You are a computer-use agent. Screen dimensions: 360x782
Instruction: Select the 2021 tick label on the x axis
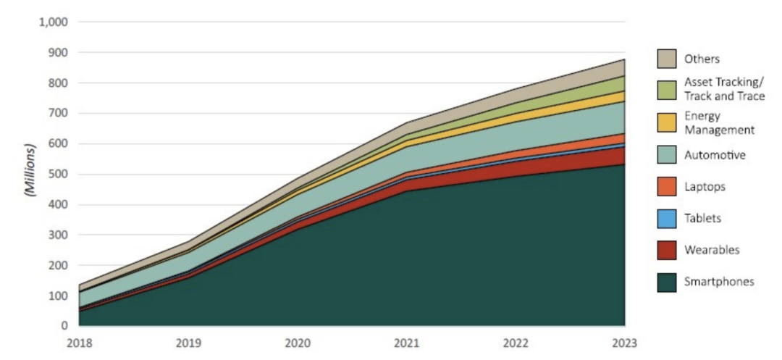coord(406,342)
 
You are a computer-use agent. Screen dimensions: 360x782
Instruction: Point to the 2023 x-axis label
coord(624,342)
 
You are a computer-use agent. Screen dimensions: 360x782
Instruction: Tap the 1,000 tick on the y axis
coord(52,22)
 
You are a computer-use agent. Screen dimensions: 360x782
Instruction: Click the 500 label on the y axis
coord(58,174)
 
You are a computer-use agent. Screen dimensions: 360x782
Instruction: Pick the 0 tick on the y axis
coord(64,326)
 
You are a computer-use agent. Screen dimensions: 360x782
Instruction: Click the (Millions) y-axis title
coord(30,174)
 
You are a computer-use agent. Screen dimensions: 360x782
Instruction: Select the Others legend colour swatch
coord(666,59)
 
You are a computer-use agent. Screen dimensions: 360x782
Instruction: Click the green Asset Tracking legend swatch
coord(666,89)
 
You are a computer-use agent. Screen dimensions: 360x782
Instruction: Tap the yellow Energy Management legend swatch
coord(666,122)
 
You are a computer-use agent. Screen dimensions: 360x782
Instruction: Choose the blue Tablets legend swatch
coord(666,218)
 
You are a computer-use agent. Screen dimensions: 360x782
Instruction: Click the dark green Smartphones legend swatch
coord(666,282)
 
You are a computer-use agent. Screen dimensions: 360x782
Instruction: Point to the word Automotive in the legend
coord(715,154)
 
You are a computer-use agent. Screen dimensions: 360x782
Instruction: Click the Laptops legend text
coord(705,186)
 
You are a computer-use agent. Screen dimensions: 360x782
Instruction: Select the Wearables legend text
coord(710,250)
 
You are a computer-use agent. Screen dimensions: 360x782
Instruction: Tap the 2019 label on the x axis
coord(188,342)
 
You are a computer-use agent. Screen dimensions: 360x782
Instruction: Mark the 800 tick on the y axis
coord(58,83)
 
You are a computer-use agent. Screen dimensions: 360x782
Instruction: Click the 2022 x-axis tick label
coord(516,342)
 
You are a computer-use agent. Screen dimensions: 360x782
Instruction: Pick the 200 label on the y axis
coord(58,265)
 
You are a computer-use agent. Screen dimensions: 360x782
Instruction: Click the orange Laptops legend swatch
coord(666,186)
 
